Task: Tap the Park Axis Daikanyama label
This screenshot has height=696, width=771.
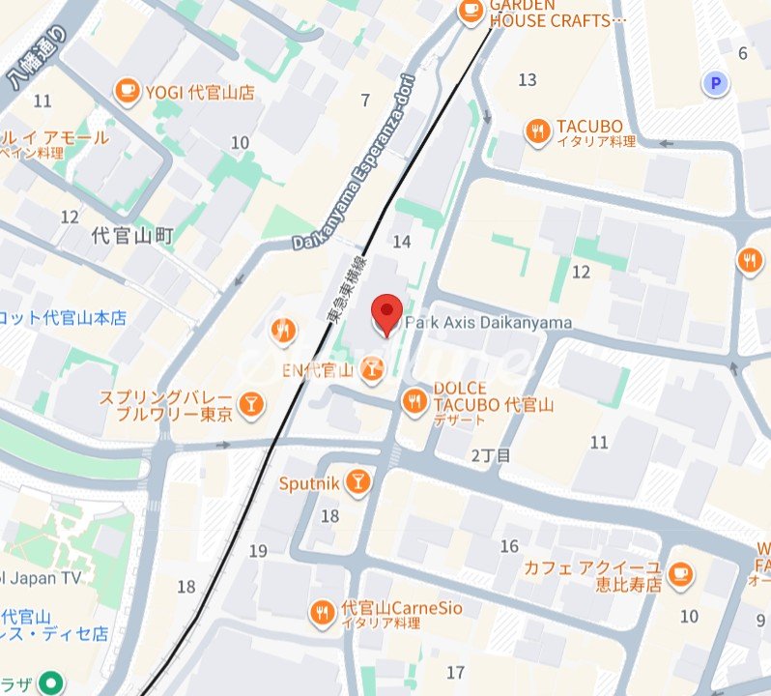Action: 488,323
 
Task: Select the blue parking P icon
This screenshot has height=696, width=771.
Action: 715,85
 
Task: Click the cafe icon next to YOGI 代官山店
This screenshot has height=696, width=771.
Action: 127,92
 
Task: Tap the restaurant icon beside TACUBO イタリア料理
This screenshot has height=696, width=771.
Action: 537,131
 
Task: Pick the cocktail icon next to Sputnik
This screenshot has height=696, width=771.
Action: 357,481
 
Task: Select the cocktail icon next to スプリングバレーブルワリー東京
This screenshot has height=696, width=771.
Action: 250,403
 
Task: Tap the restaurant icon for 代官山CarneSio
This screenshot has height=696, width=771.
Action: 323,612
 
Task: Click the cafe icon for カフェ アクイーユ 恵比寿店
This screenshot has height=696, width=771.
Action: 680,574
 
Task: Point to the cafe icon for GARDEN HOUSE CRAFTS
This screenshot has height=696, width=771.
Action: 470,11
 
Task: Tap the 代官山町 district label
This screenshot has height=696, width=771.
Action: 132,235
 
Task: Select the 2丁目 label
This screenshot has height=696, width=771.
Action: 490,454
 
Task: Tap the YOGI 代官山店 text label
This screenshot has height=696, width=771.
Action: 200,93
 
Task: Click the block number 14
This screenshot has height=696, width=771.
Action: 403,240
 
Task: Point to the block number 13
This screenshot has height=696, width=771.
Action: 527,79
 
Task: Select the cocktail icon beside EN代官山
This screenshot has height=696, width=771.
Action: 372,367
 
